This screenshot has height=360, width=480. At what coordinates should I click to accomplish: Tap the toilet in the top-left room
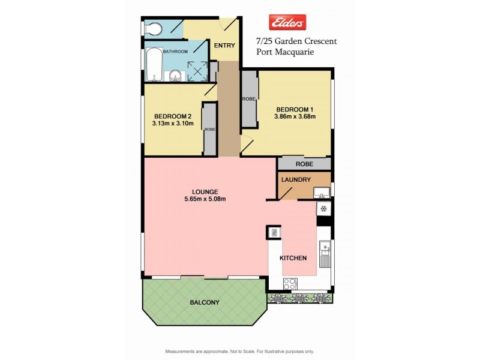(x=152, y=28)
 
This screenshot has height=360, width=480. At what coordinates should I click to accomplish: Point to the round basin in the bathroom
(x=175, y=75)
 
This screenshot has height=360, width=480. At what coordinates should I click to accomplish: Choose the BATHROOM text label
(x=175, y=52)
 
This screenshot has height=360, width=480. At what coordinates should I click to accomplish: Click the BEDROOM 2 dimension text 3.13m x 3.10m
(x=173, y=124)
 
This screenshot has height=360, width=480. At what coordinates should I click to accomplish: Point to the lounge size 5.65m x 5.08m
(x=205, y=200)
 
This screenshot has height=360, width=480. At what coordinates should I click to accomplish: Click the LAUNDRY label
(x=295, y=179)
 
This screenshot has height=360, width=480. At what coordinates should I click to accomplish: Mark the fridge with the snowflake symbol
(x=323, y=209)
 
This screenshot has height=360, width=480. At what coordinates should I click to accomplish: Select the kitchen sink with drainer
(x=324, y=254)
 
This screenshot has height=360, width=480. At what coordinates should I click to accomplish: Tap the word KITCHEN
(x=293, y=258)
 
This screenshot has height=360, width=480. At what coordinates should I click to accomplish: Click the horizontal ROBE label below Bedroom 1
(x=304, y=164)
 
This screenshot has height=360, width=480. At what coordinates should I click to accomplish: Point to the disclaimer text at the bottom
(x=239, y=351)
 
